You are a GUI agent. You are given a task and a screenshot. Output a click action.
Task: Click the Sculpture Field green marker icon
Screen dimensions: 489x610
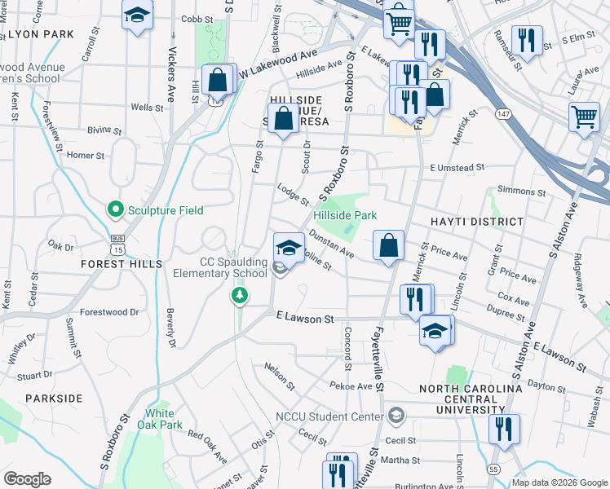[115, 210]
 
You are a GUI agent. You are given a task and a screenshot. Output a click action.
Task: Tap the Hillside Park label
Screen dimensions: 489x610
[345, 215]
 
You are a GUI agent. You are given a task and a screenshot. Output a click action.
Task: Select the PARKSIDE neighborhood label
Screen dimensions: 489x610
[54, 399]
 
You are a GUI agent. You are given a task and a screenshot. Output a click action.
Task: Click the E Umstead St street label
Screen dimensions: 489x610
[457, 166]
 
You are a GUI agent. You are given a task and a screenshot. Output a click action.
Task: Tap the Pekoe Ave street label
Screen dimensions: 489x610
[351, 385]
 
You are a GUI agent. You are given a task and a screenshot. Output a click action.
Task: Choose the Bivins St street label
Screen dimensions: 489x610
[104, 130]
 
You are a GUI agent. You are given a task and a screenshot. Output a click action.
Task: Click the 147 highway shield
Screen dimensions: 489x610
[506, 114]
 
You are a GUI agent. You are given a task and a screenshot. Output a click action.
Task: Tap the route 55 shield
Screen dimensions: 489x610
[494, 469]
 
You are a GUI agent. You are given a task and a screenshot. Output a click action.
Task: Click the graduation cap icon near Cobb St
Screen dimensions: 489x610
[137, 15]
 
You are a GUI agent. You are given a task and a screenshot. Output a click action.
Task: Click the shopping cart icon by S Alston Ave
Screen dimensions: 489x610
[584, 117]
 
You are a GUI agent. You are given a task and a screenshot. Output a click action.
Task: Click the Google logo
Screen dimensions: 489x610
[27, 479]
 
